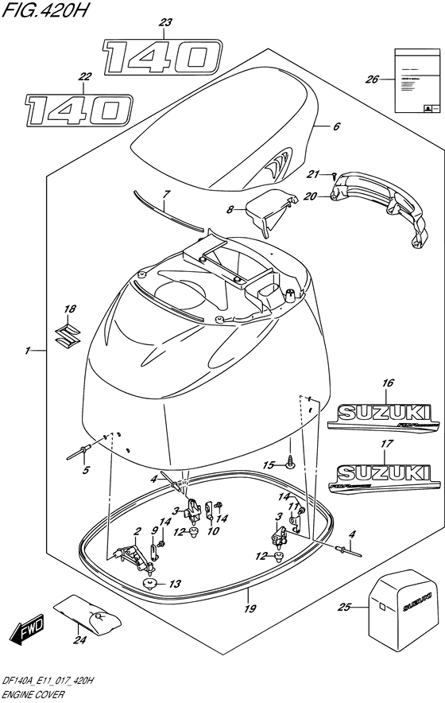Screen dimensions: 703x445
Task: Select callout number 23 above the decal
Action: coord(164,23)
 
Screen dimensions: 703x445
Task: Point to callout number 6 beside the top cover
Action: coord(336,126)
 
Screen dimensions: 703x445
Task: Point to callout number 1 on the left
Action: coord(28,351)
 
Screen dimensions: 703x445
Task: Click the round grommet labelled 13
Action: coord(149,585)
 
